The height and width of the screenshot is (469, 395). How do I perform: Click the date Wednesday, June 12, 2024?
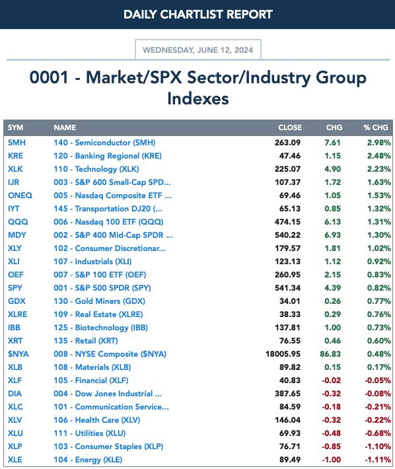198,50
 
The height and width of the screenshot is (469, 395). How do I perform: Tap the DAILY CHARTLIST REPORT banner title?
198,15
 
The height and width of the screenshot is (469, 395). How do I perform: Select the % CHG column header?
376,127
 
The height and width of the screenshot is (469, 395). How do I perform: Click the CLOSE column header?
290,127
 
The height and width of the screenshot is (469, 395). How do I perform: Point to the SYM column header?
16,127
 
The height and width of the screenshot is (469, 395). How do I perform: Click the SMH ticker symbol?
17,143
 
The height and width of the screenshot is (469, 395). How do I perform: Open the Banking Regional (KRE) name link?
108,156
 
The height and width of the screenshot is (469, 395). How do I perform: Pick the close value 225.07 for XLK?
287,169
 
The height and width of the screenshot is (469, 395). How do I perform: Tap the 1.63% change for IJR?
379,182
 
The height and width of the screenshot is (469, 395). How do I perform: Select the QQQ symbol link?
18,222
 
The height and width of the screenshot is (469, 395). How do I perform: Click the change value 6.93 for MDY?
332,235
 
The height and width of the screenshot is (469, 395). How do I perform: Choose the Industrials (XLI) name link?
92,262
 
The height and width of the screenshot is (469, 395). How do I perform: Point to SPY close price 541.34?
287,288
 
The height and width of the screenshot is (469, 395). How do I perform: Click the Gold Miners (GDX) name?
100,301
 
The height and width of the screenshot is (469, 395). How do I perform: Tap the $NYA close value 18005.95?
283,354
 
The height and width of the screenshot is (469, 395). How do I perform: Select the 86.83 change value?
330,354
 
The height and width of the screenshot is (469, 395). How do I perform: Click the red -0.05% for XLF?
378,380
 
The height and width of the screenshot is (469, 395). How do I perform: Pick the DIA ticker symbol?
15,394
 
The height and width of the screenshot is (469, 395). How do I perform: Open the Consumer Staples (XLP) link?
108,447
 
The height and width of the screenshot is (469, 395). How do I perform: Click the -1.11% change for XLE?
378,460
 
